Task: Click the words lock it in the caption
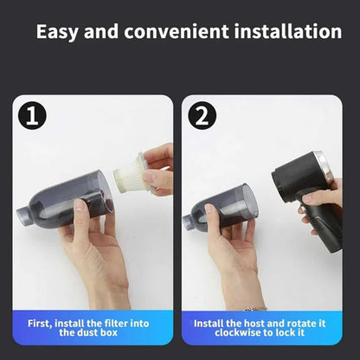(299, 333)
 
